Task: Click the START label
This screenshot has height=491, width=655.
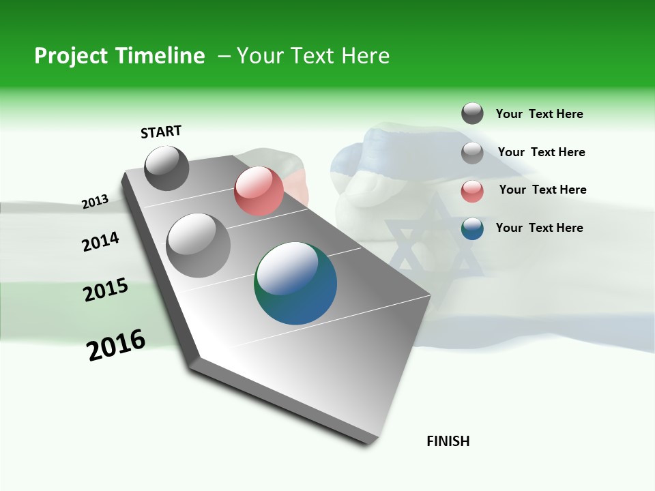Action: (161, 132)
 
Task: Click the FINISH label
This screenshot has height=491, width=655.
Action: (448, 441)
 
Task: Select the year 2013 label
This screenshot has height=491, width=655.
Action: (95, 201)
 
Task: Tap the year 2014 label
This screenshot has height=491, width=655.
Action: (100, 241)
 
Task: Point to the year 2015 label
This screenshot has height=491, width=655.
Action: (106, 290)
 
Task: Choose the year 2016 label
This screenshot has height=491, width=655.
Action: (116, 345)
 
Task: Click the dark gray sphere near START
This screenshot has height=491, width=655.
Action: (167, 168)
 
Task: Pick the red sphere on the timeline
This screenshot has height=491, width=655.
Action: (259, 191)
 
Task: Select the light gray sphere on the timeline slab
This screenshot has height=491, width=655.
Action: (199, 245)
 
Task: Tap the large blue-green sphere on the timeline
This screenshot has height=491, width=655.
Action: (295, 283)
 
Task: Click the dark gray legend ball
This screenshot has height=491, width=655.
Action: (472, 113)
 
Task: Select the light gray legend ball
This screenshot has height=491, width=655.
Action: (472, 152)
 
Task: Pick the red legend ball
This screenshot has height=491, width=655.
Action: (472, 190)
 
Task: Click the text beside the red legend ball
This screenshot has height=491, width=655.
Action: (542, 190)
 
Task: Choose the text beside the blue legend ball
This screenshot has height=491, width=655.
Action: (539, 228)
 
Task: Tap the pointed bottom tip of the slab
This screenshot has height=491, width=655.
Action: (368, 441)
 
